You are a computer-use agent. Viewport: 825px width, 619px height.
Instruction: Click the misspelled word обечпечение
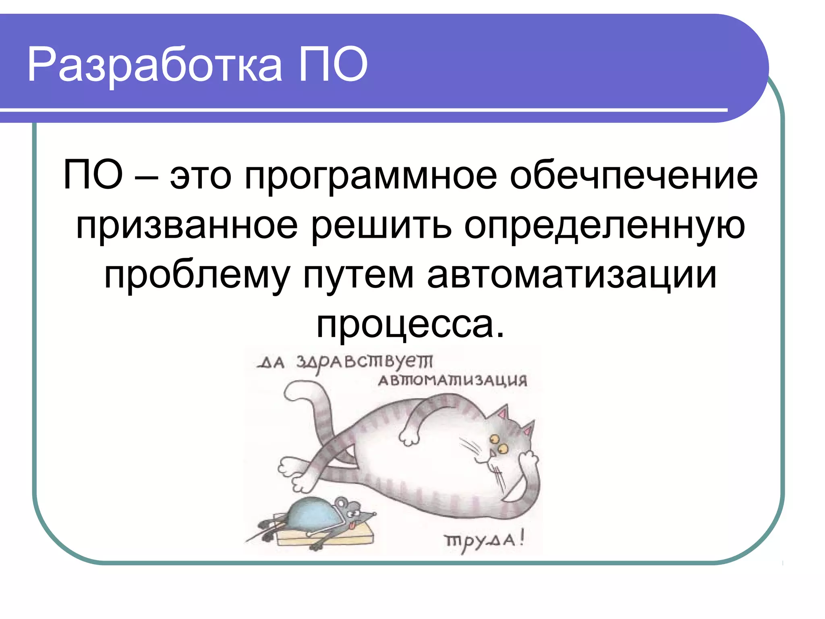tap(633, 176)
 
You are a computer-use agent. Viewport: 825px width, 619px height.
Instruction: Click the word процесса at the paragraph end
tap(410, 325)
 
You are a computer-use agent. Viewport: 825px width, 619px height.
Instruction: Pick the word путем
tap(359, 276)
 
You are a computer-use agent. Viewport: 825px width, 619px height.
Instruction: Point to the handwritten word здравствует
tap(365, 361)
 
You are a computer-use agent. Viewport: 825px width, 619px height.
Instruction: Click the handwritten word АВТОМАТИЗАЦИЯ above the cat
tap(452, 380)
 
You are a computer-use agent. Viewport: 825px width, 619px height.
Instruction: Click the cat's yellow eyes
tap(498, 443)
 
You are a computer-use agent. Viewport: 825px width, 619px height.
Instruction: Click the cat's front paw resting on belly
tap(408, 437)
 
